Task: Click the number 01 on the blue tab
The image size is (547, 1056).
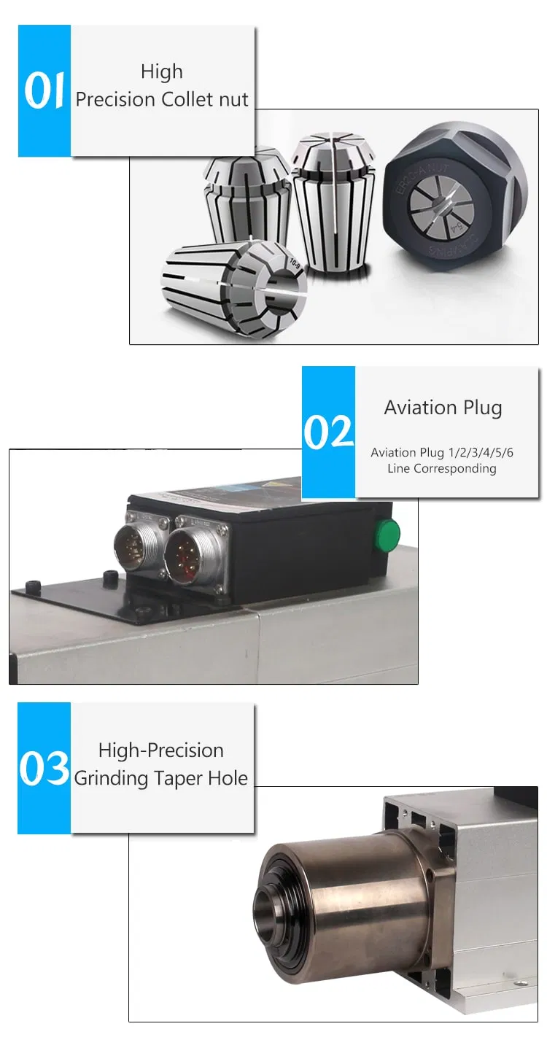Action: [x=44, y=91]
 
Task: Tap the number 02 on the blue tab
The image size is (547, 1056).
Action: [x=328, y=432]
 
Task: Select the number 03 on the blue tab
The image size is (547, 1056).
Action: [x=44, y=768]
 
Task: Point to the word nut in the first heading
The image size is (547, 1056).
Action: [x=234, y=100]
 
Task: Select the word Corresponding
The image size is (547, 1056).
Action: [x=454, y=468]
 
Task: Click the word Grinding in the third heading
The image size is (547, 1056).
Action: [x=111, y=778]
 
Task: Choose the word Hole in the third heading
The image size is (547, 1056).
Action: [x=229, y=778]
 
